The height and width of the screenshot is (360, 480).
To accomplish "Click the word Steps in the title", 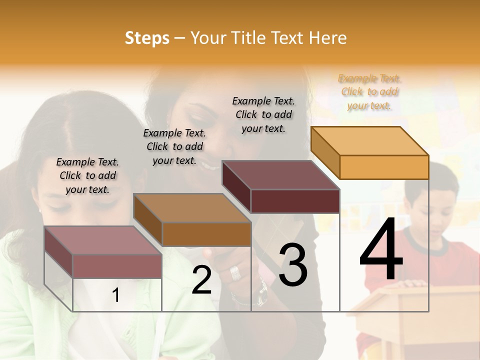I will (147, 38).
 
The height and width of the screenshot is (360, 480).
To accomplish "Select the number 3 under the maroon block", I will (293, 265).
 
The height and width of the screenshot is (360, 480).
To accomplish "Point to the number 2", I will (201, 280).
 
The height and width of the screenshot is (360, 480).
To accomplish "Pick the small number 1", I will (115, 295).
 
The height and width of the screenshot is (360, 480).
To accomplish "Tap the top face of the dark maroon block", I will (280, 175).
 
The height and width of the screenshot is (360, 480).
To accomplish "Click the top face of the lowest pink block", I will (103, 240).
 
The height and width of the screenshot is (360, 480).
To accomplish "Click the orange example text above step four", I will (369, 92).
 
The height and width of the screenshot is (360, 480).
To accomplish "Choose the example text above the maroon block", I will (263, 114).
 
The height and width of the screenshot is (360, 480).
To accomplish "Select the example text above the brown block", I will (174, 146).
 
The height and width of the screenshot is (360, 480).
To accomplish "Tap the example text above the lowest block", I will (87, 175).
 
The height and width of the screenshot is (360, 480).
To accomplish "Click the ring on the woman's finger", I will (235, 273).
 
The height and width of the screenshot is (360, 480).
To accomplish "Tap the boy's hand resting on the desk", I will (411, 283).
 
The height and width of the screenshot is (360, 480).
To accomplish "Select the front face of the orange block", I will (384, 167).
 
